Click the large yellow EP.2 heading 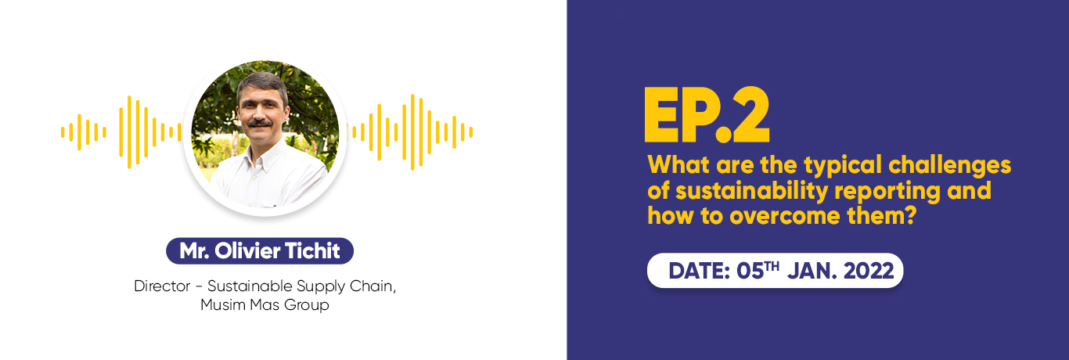coord(707,114)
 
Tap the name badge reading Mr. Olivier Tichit coord(260,250)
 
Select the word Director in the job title coord(162,286)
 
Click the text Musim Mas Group coord(265,304)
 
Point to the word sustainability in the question coord(751,191)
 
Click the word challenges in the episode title coord(950,165)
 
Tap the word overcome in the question coord(785,216)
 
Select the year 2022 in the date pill coord(869,271)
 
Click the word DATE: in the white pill coord(699,271)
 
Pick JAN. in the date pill coord(812,271)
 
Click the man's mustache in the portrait coord(260,123)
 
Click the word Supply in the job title coord(321,286)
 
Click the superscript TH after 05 coord(771,266)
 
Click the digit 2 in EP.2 coord(751,114)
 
